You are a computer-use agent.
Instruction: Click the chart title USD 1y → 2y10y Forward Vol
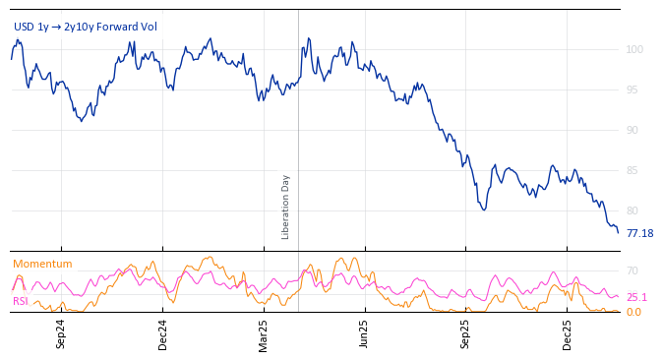pos(85,27)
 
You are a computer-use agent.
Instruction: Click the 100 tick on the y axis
pos(634,49)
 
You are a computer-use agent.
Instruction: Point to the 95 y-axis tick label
pos(632,90)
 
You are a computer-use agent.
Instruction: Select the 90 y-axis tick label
pos(632,130)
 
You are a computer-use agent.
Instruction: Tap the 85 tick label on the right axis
pos(632,170)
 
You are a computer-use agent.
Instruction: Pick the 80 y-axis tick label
pos(632,210)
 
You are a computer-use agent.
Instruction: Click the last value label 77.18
pos(639,233)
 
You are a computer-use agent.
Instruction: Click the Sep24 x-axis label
pos(61,334)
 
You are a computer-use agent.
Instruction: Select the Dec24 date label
pos(162,334)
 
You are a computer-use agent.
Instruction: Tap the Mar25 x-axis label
pos(264,334)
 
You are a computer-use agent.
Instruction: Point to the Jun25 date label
pos(365,334)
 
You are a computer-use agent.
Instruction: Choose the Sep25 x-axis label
pos(466,334)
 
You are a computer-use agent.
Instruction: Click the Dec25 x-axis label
pos(568,334)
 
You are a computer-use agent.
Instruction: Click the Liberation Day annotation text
pos(286,207)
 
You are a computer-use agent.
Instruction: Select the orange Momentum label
pos(42,264)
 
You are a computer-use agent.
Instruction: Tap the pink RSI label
pos(21,301)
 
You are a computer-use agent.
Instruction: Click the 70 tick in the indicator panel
pos(633,270)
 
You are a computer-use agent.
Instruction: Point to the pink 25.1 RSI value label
pos(636,297)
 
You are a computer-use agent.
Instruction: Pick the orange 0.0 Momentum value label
pos(633,312)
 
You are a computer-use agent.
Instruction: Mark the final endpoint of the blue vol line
pos(618,232)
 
